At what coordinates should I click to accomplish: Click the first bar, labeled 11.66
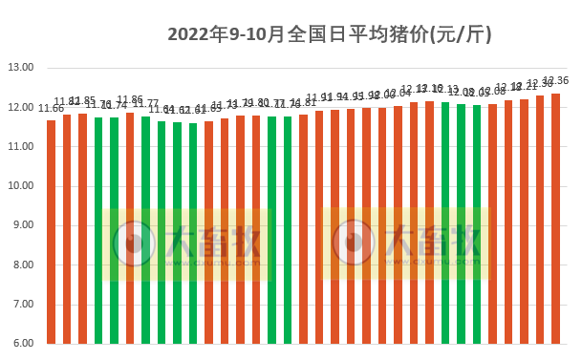pos(52,231)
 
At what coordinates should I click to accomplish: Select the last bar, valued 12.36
pos(556,218)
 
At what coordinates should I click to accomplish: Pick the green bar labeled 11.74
pos(115,230)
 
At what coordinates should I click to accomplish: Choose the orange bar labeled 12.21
pos(525,221)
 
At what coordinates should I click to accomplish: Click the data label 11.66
pos(51,109)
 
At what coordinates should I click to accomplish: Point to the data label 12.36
pos(556,81)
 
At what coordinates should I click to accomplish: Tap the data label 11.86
pos(130,100)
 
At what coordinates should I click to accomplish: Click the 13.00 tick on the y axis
pos(20,68)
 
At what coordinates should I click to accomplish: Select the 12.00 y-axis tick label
pos(20,107)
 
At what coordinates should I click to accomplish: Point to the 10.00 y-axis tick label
pos(20,186)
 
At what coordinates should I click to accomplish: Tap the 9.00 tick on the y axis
pos(22,225)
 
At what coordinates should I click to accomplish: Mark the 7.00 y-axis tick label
pos(22,304)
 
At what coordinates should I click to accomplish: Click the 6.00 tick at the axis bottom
pos(22,344)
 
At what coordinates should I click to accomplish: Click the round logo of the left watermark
pos(135,244)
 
